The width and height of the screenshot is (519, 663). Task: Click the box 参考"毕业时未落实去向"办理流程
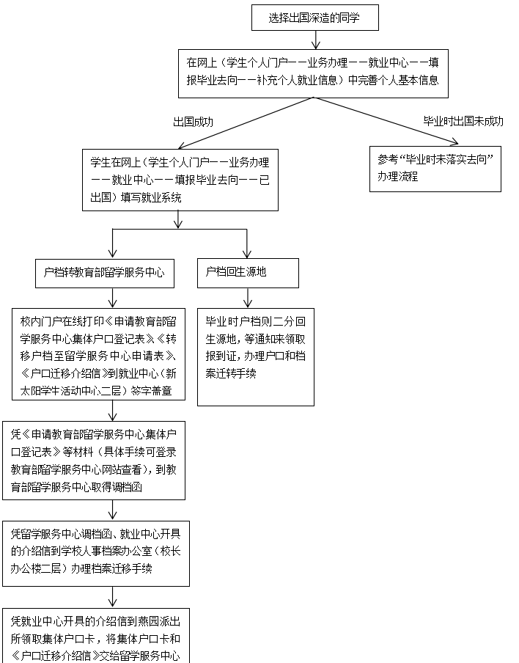(x=435, y=168)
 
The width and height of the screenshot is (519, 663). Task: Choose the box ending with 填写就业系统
(x=180, y=179)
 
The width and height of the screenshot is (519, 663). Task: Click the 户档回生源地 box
(x=248, y=273)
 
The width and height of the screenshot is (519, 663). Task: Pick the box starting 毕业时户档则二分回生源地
(x=256, y=356)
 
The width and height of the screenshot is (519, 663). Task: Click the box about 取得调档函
(x=93, y=459)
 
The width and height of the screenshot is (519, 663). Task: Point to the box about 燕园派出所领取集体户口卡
(x=95, y=635)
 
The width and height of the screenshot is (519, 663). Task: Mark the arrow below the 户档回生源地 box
(x=248, y=298)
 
